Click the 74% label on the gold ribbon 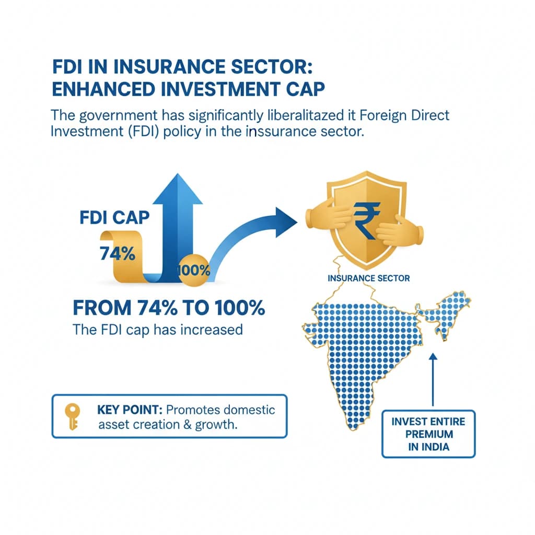[117, 254]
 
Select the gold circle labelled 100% [194, 270]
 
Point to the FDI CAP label [114, 217]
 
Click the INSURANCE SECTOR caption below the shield [368, 278]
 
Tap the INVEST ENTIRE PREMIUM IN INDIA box [428, 434]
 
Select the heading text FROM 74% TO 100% [169, 308]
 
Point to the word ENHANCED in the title [106, 88]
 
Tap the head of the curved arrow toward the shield [285, 219]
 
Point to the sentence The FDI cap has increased [157, 330]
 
